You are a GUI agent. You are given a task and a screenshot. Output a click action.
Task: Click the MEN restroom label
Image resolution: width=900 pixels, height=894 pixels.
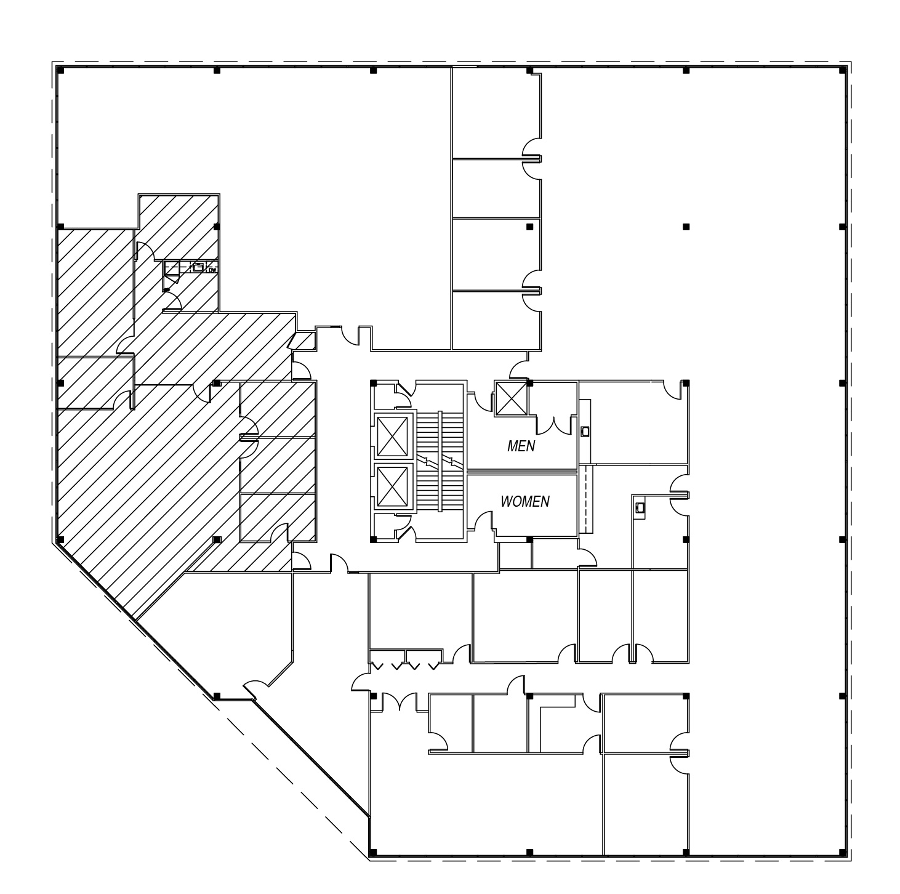[x=521, y=446]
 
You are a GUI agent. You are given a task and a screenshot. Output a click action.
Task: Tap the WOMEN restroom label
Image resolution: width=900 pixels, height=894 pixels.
[x=524, y=501]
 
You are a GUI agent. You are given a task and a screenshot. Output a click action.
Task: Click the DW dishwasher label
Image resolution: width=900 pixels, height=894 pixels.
[x=212, y=270]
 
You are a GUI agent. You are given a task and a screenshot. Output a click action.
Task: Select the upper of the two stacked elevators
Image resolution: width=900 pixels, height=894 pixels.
[x=392, y=437]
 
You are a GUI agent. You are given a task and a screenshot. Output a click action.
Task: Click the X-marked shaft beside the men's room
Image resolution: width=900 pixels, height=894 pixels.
[x=510, y=398]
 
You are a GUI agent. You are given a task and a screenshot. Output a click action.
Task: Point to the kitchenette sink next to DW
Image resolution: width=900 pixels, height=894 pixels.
[x=198, y=267]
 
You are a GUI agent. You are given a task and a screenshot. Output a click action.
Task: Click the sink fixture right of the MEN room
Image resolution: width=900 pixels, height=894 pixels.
[x=585, y=432]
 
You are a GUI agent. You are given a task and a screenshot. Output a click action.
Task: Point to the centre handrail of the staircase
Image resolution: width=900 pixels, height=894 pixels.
[x=440, y=461]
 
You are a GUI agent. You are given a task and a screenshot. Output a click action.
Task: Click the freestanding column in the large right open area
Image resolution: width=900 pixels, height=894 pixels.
[x=686, y=227]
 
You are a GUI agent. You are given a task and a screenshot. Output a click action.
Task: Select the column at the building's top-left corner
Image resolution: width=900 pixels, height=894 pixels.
[x=60, y=71]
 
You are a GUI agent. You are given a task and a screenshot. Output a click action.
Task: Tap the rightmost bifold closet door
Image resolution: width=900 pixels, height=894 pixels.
[x=433, y=666]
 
